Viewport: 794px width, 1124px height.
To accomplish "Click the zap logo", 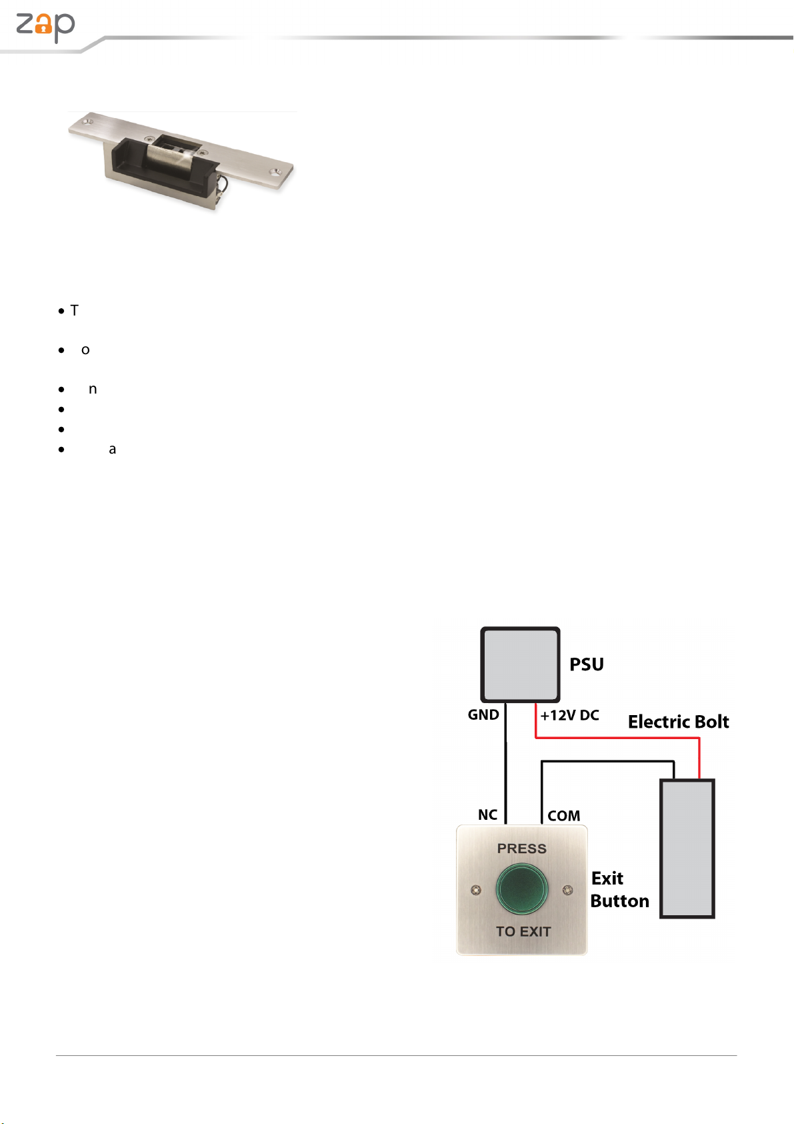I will pos(45,27).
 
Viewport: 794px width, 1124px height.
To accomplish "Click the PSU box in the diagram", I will pos(520,664).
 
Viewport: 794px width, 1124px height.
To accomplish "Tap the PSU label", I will pos(587,664).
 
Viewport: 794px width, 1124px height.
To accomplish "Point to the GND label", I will pos(483,715).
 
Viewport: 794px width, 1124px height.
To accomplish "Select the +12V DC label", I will pos(569,716).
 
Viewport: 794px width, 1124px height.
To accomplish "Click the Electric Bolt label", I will pos(678,722).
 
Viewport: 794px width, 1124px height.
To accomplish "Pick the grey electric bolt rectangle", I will pos(687,849).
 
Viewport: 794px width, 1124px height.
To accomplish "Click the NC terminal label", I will pos(487,815).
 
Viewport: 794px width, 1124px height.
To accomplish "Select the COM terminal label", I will pos(563,816).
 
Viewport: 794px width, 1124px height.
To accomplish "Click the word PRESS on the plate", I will pos(521,849).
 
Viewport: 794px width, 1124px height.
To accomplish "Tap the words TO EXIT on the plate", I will pos(523,931).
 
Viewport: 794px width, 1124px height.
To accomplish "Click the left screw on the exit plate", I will pos(476,890).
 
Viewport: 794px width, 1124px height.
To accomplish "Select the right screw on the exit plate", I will pos(567,890).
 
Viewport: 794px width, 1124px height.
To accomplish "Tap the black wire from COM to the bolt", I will pos(607,761).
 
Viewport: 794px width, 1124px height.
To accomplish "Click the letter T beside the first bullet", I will pos(75,311).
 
